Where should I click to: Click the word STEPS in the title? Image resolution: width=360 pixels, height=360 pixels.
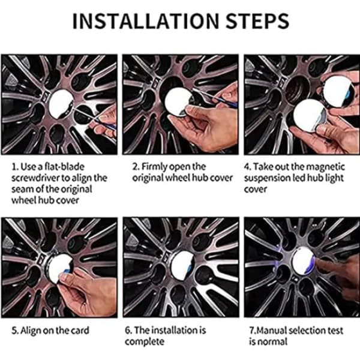pos(257,21)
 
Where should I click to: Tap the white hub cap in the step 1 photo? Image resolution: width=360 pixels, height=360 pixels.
pos(61,104)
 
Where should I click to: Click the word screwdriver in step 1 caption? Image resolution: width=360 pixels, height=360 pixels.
pos(36,178)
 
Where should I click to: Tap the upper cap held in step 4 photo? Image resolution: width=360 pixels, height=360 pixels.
pos(337,91)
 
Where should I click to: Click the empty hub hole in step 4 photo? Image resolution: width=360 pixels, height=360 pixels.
pos(298,89)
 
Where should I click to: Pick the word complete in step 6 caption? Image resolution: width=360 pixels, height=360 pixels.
pos(145,341)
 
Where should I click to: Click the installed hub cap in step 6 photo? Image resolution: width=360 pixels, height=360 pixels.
pos(183,263)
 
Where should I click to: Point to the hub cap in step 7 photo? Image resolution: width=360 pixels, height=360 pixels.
pos(303,260)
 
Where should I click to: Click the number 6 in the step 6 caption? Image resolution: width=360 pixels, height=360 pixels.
pos(127,331)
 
